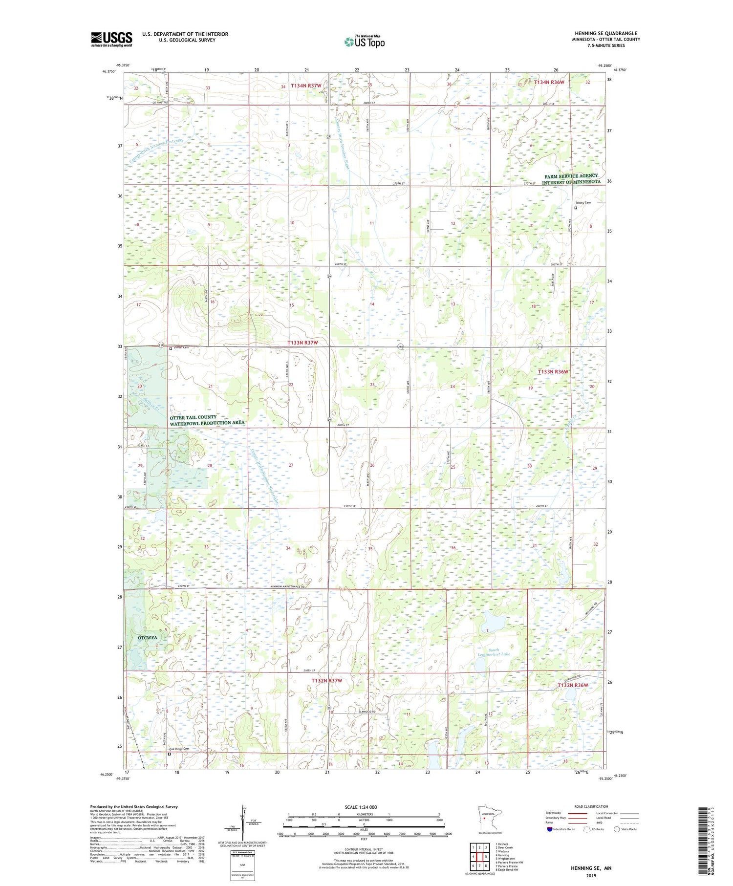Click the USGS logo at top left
pyautogui.click(x=111, y=39)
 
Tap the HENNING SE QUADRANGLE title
pyautogui.click(x=606, y=33)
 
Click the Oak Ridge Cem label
pyautogui.click(x=179, y=749)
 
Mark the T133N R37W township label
pyautogui.click(x=302, y=343)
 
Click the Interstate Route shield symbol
pyautogui.click(x=549, y=829)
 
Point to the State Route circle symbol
pyautogui.click(x=617, y=829)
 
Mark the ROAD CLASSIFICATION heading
pyautogui.click(x=591, y=806)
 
